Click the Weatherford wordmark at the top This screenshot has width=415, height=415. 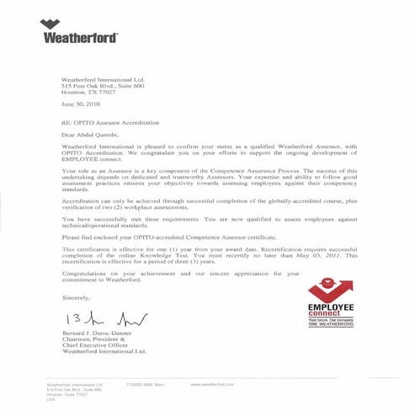pos(79,38)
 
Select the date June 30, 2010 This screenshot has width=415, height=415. pos(80,104)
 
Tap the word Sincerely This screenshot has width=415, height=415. pos(75,298)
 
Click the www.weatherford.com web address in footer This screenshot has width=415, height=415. pos(212,384)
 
